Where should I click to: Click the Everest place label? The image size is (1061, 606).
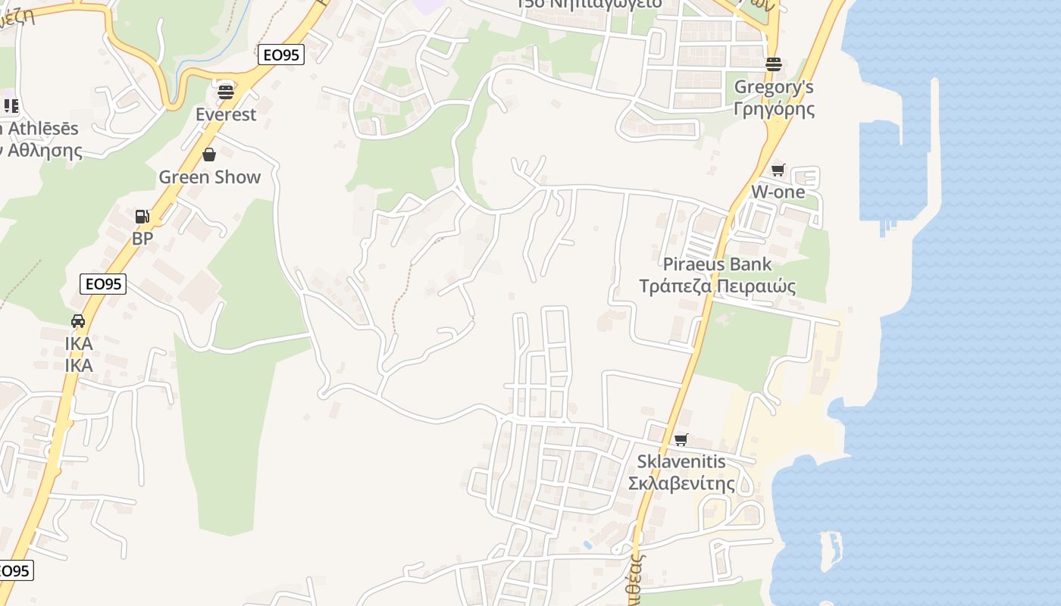[226, 114]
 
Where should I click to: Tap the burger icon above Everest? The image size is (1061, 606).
[226, 92]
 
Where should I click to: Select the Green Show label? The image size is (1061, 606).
[209, 177]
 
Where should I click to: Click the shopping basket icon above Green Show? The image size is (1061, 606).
[209, 155]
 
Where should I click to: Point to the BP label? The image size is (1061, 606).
[142, 239]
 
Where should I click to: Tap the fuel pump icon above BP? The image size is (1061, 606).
[142, 217]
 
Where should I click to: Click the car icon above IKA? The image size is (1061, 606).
[78, 321]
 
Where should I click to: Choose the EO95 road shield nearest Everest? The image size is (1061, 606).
[280, 55]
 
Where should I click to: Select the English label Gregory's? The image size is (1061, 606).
[774, 87]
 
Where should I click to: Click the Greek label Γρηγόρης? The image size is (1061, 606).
[774, 109]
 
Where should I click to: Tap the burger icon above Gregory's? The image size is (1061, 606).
[773, 64]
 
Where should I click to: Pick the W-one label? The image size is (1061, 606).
[778, 192]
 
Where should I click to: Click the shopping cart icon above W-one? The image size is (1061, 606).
[778, 170]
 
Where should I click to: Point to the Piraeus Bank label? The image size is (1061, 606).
[717, 264]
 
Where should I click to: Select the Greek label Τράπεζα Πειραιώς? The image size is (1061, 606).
[717, 286]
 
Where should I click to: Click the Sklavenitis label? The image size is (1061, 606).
[681, 461]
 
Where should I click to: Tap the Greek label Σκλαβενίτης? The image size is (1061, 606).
[681, 483]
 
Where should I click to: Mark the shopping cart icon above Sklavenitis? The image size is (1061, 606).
[681, 439]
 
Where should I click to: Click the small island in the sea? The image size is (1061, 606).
[831, 550]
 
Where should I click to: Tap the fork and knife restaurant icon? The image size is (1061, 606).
[11, 106]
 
